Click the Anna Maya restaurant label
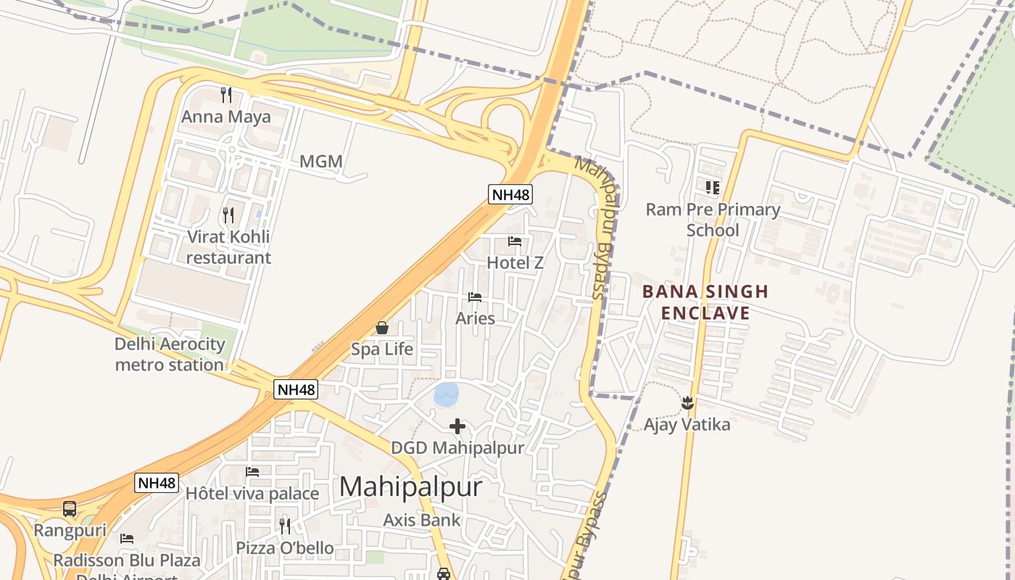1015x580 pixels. coord(225,117)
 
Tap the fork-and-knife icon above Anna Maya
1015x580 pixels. coord(226,94)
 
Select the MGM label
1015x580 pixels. coord(320,161)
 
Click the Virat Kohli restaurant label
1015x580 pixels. coord(228,247)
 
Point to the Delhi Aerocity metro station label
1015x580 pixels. coord(170,354)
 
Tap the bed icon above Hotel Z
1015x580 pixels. coord(515,241)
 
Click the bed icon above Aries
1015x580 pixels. coord(475,297)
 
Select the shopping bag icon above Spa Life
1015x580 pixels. coord(382,328)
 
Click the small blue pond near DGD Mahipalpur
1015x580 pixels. coord(446,394)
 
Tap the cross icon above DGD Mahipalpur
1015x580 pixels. coord(457,426)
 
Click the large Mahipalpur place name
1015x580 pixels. coord(410,486)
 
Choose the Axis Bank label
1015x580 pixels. coord(421,520)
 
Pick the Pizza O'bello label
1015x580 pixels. coord(284,547)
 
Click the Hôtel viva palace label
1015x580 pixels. coord(252,494)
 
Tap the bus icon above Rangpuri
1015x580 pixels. coord(70,509)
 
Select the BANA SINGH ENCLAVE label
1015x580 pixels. coord(705,302)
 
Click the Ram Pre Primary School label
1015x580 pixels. coord(713,220)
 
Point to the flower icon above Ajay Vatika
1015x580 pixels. coord(687,403)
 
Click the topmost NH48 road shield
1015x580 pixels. coord(510,194)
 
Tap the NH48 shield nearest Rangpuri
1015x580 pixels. coord(157,483)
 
